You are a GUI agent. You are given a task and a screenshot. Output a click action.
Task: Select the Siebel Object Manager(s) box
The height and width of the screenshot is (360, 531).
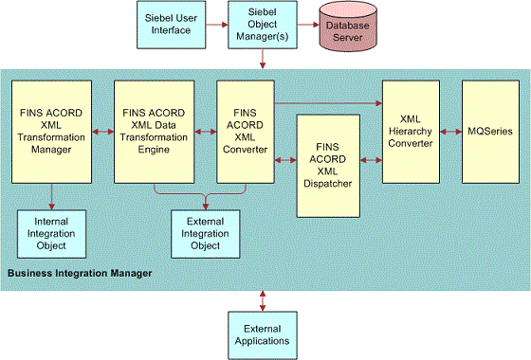261,24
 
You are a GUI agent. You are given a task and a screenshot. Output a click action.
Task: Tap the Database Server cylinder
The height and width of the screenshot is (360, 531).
352,25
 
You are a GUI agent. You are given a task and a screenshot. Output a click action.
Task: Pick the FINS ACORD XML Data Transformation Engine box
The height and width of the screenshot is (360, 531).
155,131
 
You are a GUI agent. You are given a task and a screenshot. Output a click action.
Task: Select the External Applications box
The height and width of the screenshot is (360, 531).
262,334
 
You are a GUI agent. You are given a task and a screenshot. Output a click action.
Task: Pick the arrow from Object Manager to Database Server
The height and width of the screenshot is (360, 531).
305,24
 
